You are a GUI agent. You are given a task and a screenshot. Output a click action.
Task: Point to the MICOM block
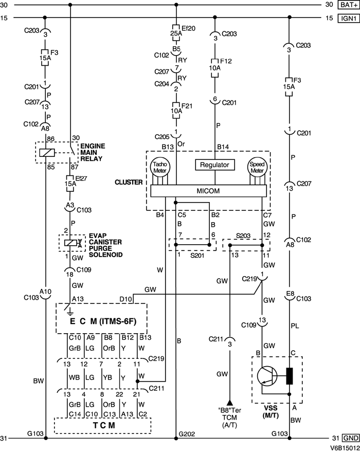(x=208, y=191)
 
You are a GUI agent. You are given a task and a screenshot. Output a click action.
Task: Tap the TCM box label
(x=102, y=426)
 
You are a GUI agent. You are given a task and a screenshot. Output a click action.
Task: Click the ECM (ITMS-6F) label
(x=102, y=322)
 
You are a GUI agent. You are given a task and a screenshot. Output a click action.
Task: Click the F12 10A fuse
(x=214, y=67)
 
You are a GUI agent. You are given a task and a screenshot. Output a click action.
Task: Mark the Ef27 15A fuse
(x=70, y=181)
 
